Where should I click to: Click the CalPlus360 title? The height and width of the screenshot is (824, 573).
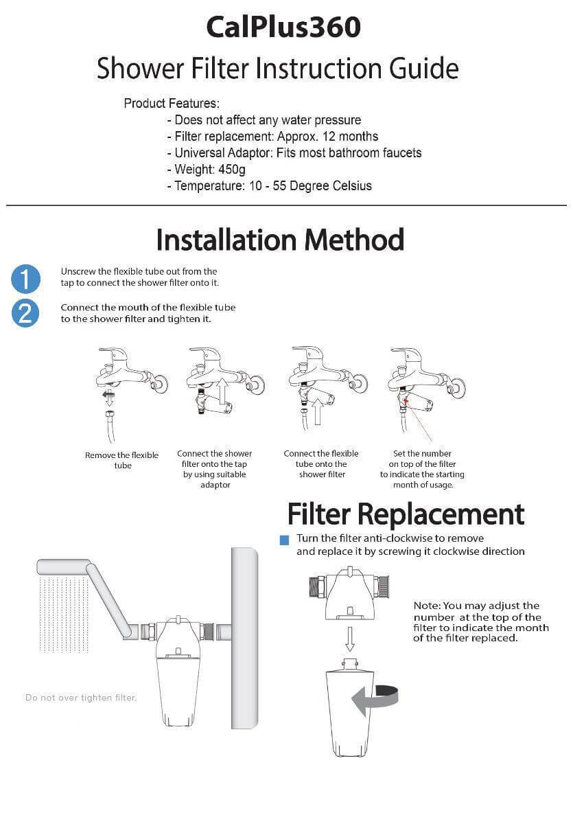[x=283, y=27]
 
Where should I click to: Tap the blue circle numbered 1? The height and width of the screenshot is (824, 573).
[x=25, y=279]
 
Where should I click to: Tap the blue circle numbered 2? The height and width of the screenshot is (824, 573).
[x=25, y=314]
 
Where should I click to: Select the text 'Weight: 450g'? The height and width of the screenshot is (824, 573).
[x=210, y=169]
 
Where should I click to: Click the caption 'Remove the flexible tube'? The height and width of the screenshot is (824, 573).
[x=121, y=460]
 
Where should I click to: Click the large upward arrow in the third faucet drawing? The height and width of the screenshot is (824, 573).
[x=318, y=413]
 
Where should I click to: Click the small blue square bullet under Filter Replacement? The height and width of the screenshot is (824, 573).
[x=284, y=540]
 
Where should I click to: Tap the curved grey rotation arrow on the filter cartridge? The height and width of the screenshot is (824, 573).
[x=375, y=699]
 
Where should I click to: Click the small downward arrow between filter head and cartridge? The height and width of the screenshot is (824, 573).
[x=349, y=639]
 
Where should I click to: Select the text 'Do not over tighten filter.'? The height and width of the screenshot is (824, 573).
[x=81, y=698]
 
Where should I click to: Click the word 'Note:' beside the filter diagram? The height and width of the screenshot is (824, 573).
[x=426, y=606]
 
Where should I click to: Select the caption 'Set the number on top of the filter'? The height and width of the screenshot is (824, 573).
[x=422, y=459]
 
